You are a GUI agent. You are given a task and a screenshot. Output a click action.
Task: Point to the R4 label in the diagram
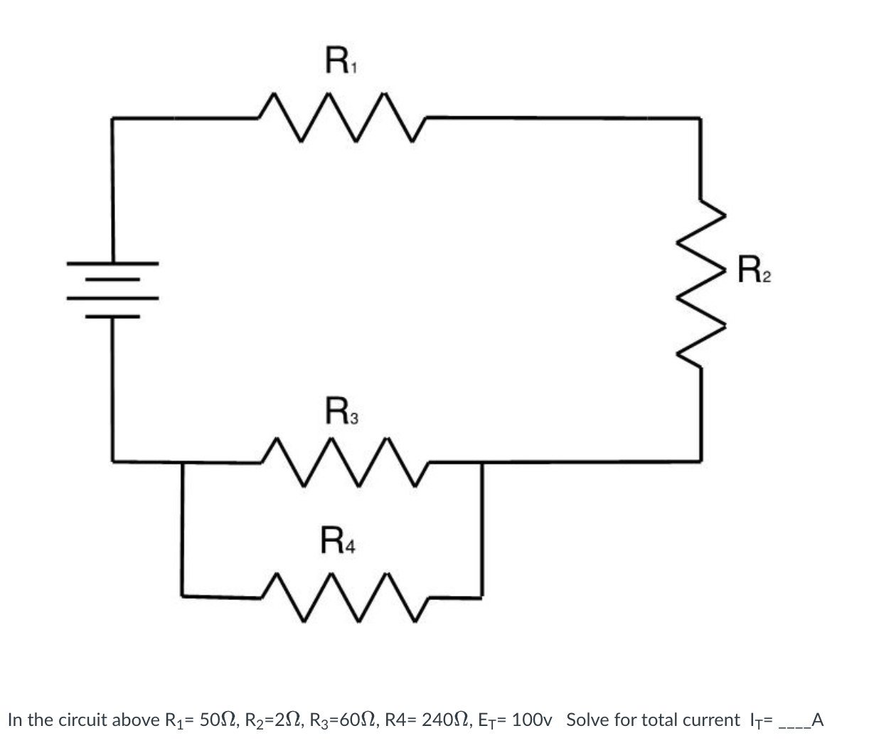338,538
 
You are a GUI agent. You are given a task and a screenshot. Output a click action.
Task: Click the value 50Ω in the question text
217,720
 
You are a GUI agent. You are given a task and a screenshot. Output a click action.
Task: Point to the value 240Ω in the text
442,720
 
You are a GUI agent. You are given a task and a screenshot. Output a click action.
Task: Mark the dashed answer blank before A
794,725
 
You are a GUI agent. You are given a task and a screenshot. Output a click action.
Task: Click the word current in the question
711,720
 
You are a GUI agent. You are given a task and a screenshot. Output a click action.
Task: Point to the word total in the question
661,720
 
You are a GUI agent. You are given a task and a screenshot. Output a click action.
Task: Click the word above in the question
130,720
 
